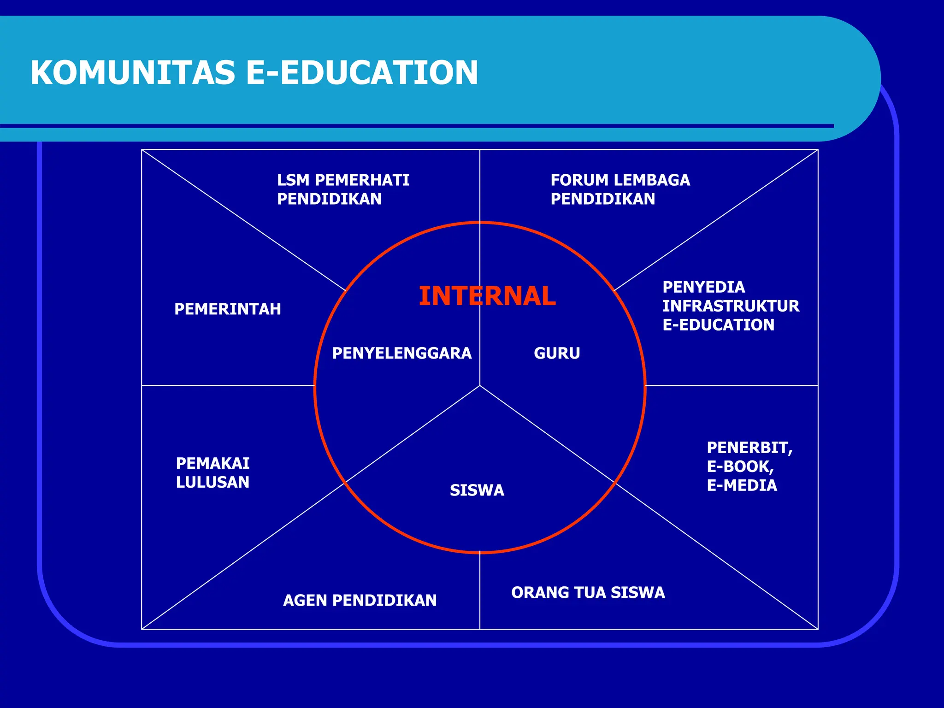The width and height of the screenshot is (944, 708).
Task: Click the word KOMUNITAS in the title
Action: (x=133, y=73)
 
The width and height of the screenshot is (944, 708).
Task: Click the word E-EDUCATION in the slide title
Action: (x=362, y=73)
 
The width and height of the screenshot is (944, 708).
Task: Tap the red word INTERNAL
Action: (x=487, y=296)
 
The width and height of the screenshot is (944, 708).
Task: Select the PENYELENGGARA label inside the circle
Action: (x=401, y=353)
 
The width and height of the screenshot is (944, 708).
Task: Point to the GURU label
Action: (x=557, y=353)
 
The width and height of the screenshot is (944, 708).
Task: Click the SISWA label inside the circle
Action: (x=477, y=490)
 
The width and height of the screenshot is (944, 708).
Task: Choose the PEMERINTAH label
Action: (x=228, y=309)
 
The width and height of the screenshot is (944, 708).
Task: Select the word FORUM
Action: (x=579, y=180)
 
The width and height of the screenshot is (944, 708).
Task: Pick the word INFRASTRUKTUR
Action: (x=731, y=306)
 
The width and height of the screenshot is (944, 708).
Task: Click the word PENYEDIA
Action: (x=703, y=287)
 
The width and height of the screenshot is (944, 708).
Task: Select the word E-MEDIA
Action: (x=742, y=485)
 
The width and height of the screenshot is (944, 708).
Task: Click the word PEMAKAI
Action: (x=212, y=463)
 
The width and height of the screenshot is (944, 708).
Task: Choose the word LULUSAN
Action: (x=212, y=482)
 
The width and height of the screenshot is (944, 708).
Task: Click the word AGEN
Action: (x=305, y=600)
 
